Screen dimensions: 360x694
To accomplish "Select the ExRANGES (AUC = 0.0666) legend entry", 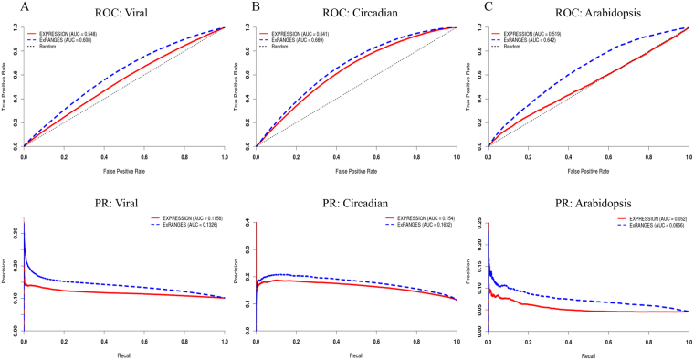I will coord(652,224).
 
